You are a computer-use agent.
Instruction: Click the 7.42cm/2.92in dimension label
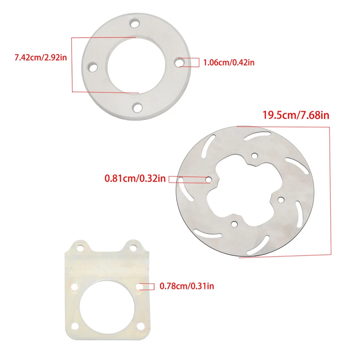[38, 58]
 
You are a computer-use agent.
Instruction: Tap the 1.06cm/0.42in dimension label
[228, 63]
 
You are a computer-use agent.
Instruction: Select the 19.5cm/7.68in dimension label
[295, 115]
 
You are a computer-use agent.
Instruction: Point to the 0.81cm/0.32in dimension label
[135, 178]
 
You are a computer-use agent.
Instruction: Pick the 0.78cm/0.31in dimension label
[187, 286]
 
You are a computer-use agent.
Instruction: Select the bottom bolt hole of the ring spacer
[138, 108]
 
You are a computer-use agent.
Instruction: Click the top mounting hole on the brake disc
[255, 156]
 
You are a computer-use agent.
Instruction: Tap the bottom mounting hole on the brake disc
[234, 224]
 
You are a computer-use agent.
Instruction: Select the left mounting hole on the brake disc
[208, 180]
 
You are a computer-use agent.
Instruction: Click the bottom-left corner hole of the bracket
[73, 327]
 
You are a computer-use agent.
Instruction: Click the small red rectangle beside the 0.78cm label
[148, 286]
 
